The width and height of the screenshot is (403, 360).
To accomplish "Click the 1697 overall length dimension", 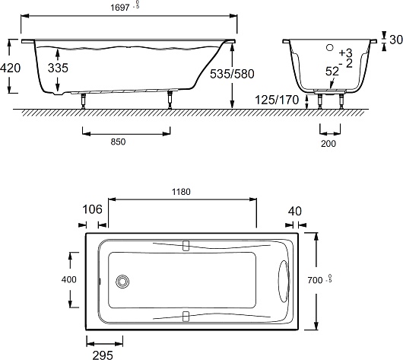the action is (120, 8).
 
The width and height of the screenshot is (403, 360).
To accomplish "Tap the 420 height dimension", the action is (11, 68).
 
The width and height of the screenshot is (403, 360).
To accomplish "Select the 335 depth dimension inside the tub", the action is (58, 68).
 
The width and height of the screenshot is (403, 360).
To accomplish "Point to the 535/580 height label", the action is (232, 74).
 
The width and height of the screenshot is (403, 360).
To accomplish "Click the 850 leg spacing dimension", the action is (118, 142).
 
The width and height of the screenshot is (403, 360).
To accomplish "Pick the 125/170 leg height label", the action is (277, 100).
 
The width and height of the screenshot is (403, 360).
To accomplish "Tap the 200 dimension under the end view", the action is (328, 144).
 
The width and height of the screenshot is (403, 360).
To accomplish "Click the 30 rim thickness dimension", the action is (396, 40).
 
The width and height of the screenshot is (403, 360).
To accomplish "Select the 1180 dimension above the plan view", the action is (181, 192).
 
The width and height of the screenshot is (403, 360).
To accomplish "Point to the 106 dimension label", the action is (92, 209).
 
